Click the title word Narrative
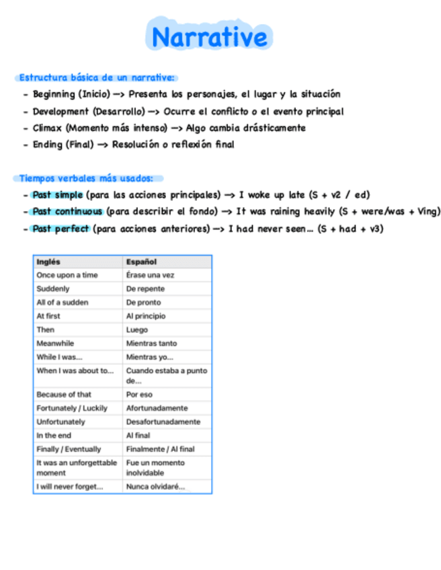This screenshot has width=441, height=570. click(209, 37)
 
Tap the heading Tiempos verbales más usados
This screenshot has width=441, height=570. click(86, 178)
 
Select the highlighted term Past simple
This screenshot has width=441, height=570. click(57, 195)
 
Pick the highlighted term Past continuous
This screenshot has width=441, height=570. click(67, 212)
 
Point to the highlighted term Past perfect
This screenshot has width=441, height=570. click(61, 229)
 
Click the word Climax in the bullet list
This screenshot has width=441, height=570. click(47, 128)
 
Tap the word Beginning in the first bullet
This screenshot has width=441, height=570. click(54, 94)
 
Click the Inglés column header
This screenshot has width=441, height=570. click(48, 261)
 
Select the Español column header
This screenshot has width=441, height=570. click(141, 261)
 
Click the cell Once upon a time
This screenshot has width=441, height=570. click(67, 275)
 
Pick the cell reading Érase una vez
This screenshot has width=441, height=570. click(150, 275)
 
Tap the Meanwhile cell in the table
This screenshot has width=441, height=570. click(55, 343)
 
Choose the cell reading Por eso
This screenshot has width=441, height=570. click(139, 395)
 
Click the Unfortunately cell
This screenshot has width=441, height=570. click(61, 421)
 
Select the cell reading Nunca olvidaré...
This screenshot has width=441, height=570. click(155, 487)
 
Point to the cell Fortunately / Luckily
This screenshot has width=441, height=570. click(72, 408)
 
